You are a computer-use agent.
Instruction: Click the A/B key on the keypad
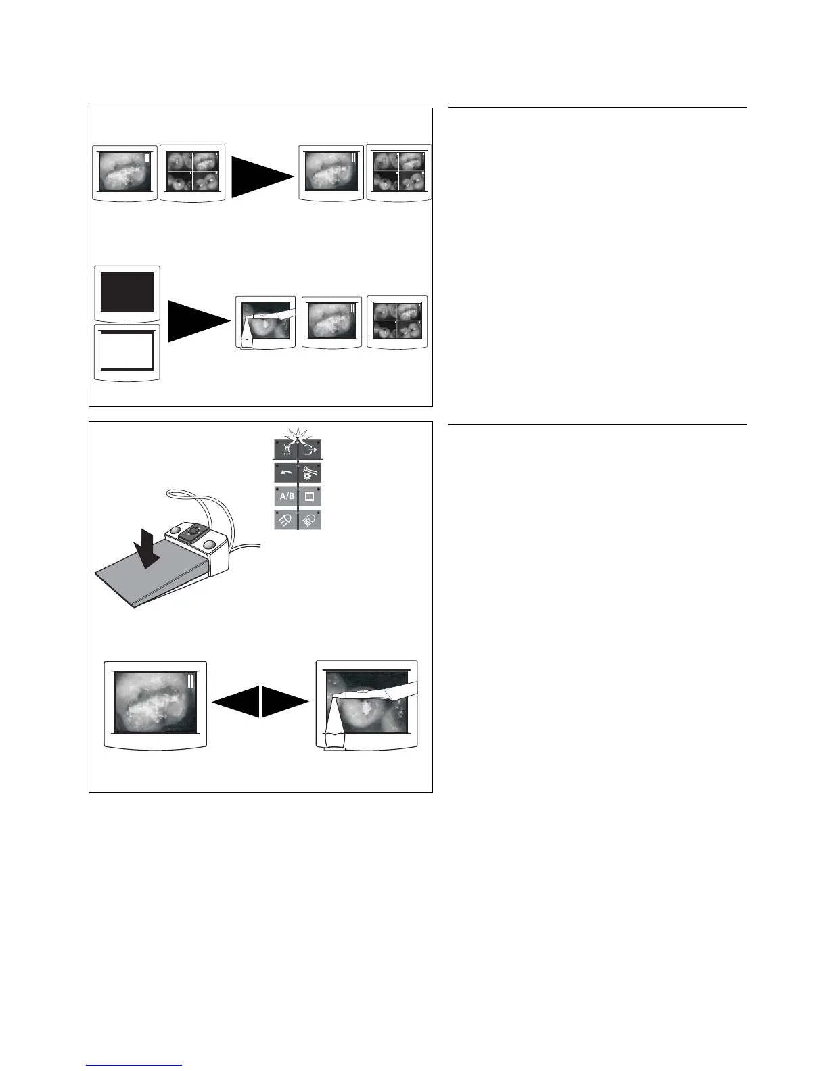[285, 496]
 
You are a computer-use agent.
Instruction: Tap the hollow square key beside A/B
[310, 496]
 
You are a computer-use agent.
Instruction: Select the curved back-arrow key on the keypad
[285, 473]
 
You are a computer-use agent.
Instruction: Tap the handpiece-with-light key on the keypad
[310, 473]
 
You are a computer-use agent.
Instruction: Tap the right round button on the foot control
[210, 544]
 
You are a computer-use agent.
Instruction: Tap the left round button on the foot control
[175, 529]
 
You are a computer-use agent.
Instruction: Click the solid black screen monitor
[127, 292]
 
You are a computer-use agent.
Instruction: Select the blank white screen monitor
[127, 352]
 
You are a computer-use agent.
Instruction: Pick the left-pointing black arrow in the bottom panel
[236, 702]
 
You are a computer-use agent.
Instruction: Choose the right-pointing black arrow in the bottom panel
[285, 702]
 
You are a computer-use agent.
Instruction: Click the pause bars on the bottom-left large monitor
[191, 680]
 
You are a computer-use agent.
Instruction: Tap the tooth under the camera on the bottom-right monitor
[335, 740]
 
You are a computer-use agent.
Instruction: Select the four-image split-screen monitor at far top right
[398, 172]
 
